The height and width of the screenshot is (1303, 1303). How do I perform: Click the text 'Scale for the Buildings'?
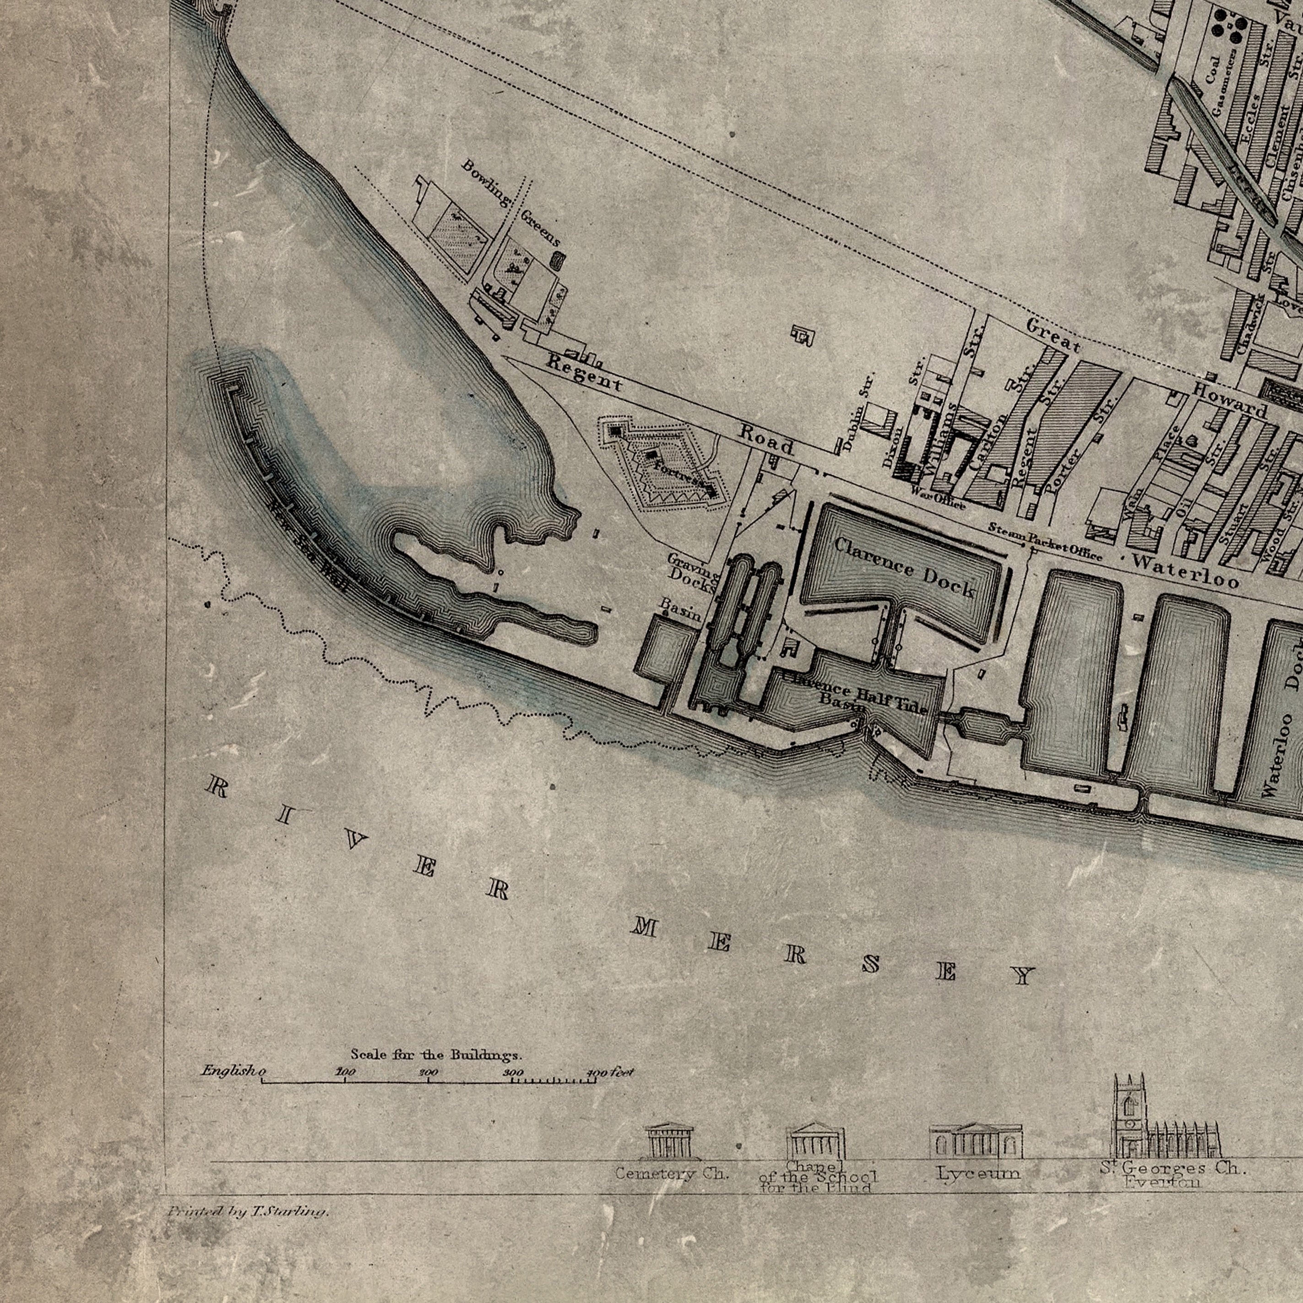(436, 1054)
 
